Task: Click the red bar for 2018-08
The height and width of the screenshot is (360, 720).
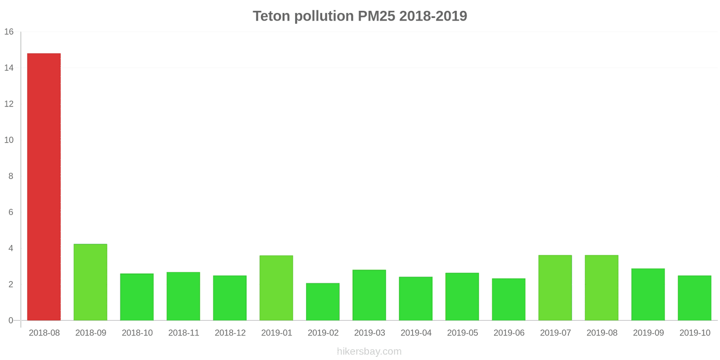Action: [x=44, y=187]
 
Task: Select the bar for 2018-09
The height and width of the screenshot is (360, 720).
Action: [x=90, y=282]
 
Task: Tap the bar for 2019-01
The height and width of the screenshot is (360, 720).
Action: [x=276, y=288]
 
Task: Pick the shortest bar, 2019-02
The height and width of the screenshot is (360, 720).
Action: [x=323, y=301]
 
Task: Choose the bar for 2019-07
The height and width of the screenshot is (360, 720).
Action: [x=555, y=288]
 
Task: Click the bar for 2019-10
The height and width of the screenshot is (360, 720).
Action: [x=694, y=298]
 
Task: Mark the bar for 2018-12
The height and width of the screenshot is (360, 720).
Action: [x=230, y=298]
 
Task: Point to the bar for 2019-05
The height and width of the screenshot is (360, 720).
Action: [x=462, y=297]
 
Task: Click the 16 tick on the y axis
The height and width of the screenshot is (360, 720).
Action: [x=9, y=32]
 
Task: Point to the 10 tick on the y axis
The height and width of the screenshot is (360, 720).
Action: [x=9, y=140]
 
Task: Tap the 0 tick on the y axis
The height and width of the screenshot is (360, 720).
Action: [x=11, y=320]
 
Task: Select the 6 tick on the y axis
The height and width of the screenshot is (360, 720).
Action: [x=11, y=212]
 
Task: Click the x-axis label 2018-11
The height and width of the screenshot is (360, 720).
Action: [x=184, y=333]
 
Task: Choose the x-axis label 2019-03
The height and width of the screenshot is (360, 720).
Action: [x=369, y=333]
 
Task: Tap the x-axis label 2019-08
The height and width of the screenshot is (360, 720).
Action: [x=602, y=333]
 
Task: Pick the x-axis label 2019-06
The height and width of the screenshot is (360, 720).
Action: [x=509, y=333]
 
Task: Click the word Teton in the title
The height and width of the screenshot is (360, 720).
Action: [x=271, y=16]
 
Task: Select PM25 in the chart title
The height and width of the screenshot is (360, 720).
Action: [x=376, y=16]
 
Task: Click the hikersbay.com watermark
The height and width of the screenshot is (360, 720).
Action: [x=369, y=351]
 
